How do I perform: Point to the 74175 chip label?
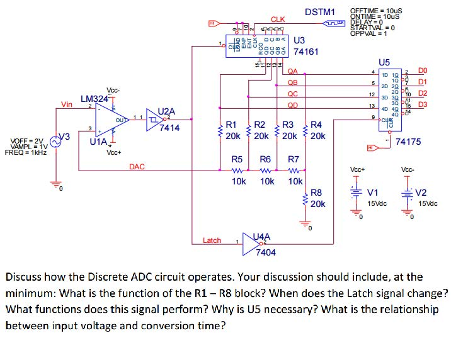pyautogui.click(x=409, y=142)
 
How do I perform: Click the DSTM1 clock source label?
pyautogui.click(x=320, y=12)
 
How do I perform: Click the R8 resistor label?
pyautogui.click(x=316, y=193)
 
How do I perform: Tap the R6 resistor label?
pyautogui.click(x=266, y=160)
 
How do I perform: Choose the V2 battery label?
pyautogui.click(x=421, y=193)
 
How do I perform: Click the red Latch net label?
pyautogui.click(x=212, y=240)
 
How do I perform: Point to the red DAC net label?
pyautogui.click(x=137, y=167)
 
